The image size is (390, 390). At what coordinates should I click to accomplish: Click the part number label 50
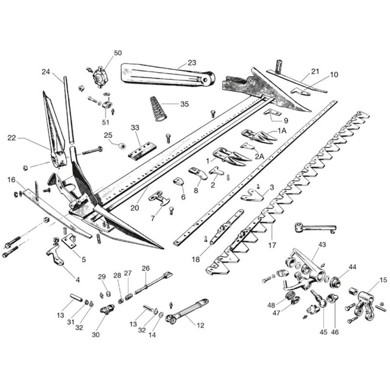pyautogui.click(x=118, y=53)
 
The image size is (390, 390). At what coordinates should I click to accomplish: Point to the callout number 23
pyautogui.click(x=192, y=62)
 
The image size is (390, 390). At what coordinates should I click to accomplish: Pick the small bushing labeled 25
pyautogui.click(x=121, y=146)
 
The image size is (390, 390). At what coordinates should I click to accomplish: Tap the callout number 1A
pyautogui.click(x=282, y=131)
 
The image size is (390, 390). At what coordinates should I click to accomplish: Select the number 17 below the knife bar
pyautogui.click(x=272, y=245)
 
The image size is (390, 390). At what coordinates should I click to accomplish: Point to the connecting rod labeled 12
pyautogui.click(x=187, y=311)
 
